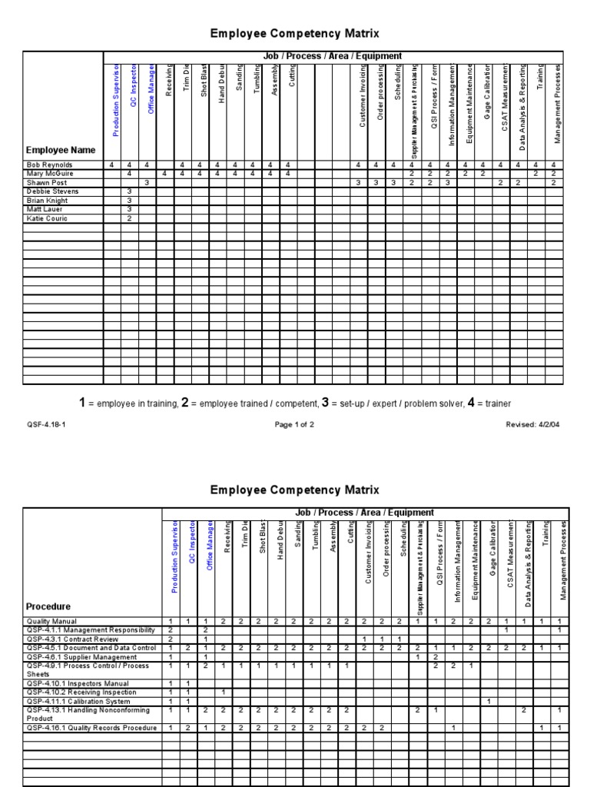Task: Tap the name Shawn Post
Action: pyautogui.click(x=45, y=183)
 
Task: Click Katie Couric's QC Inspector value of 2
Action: pyautogui.click(x=130, y=219)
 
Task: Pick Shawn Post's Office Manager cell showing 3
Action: pyautogui.click(x=147, y=183)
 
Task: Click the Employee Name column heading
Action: pyautogui.click(x=61, y=151)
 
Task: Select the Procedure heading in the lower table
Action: pyautogui.click(x=48, y=606)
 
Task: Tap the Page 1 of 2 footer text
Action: pyautogui.click(x=293, y=424)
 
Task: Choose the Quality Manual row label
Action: pyautogui.click(x=51, y=620)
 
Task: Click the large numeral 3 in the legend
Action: pyautogui.click(x=325, y=403)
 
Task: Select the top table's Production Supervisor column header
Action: pyautogui.click(x=116, y=100)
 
